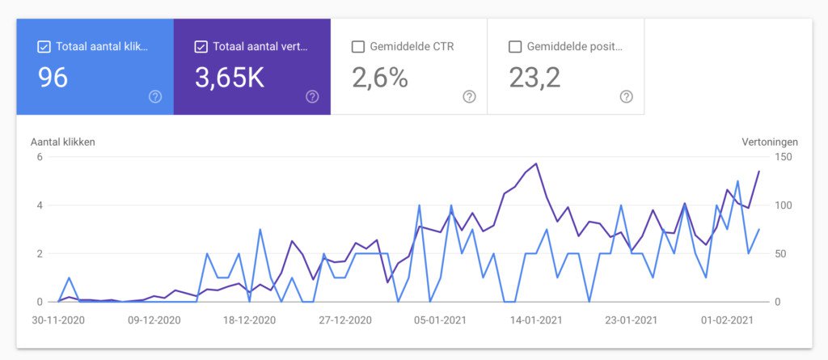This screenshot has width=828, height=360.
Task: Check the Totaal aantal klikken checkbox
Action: pyautogui.click(x=44, y=47)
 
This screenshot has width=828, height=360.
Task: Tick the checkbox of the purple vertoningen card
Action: pyautogui.click(x=201, y=47)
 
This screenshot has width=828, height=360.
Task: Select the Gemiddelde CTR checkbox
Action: pyautogui.click(x=358, y=47)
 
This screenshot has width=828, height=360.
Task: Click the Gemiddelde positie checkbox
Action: pyautogui.click(x=515, y=47)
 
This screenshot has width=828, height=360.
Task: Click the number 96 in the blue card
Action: pyautogui.click(x=53, y=78)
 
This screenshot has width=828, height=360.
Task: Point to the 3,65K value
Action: pyautogui.click(x=230, y=78)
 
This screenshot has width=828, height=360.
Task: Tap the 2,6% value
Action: pyautogui.click(x=380, y=78)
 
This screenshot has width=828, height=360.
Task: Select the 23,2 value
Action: pyautogui.click(x=534, y=78)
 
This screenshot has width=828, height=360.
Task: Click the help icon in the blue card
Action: pyautogui.click(x=155, y=96)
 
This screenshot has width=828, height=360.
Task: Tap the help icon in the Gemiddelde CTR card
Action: pyautogui.click(x=469, y=96)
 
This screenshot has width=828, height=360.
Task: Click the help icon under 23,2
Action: pyautogui.click(x=626, y=96)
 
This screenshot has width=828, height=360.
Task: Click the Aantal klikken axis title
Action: pyautogui.click(x=63, y=142)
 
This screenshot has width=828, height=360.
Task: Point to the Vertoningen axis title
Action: pyautogui.click(x=770, y=142)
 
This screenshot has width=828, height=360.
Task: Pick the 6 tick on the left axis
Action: pyautogui.click(x=39, y=157)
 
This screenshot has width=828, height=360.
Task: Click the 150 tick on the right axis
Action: pyautogui.click(x=783, y=157)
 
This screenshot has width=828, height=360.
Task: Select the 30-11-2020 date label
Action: pyautogui.click(x=59, y=320)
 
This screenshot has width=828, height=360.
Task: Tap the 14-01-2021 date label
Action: pyautogui.click(x=536, y=320)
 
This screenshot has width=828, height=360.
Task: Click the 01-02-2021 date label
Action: pyautogui.click(x=726, y=320)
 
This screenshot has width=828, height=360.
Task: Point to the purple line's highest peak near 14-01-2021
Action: pyautogui.click(x=536, y=163)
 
